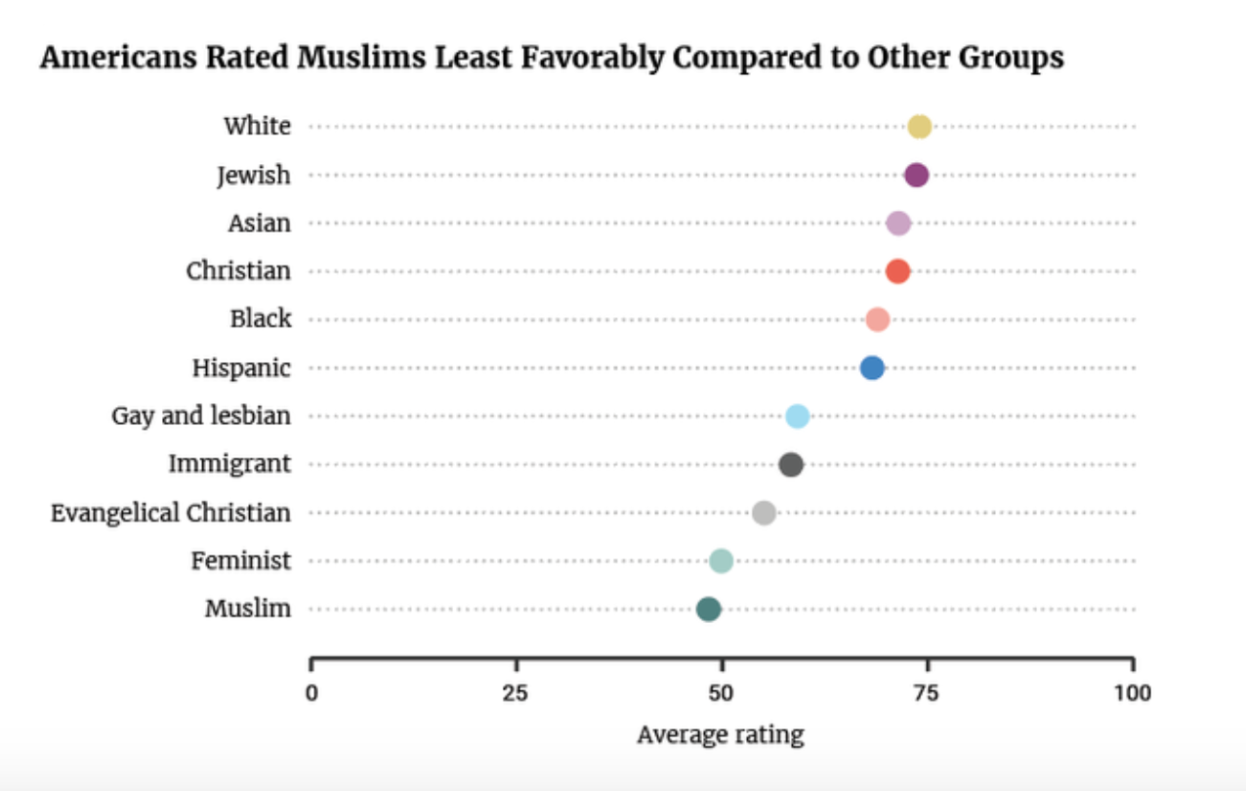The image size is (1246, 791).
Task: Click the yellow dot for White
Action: pos(919,127)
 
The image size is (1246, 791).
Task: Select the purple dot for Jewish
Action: pos(916,175)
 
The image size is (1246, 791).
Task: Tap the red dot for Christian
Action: pos(897,271)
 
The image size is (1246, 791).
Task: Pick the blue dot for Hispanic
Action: pos(872,368)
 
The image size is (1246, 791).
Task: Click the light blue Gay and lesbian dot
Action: pos(797,416)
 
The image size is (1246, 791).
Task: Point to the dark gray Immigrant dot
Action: pos(791,465)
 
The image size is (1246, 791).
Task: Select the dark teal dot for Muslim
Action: pos(709,609)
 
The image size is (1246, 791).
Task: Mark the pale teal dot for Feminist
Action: pos(721,561)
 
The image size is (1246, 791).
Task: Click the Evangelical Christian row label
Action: pos(171,513)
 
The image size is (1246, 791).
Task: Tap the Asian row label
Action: pos(259,223)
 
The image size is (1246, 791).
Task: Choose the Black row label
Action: pos(261,319)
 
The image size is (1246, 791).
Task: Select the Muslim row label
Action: pos(247,609)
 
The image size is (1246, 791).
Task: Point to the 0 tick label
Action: pos(311,694)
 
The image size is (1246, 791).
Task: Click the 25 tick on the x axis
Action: pos(516,694)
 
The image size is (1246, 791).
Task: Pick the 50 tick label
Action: pos(721,694)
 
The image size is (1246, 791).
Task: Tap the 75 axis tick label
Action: pos(926,694)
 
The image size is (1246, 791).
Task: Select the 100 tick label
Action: pos(1132,694)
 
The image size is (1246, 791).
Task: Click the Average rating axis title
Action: pos(721,734)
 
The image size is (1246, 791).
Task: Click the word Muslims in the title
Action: pos(359,59)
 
